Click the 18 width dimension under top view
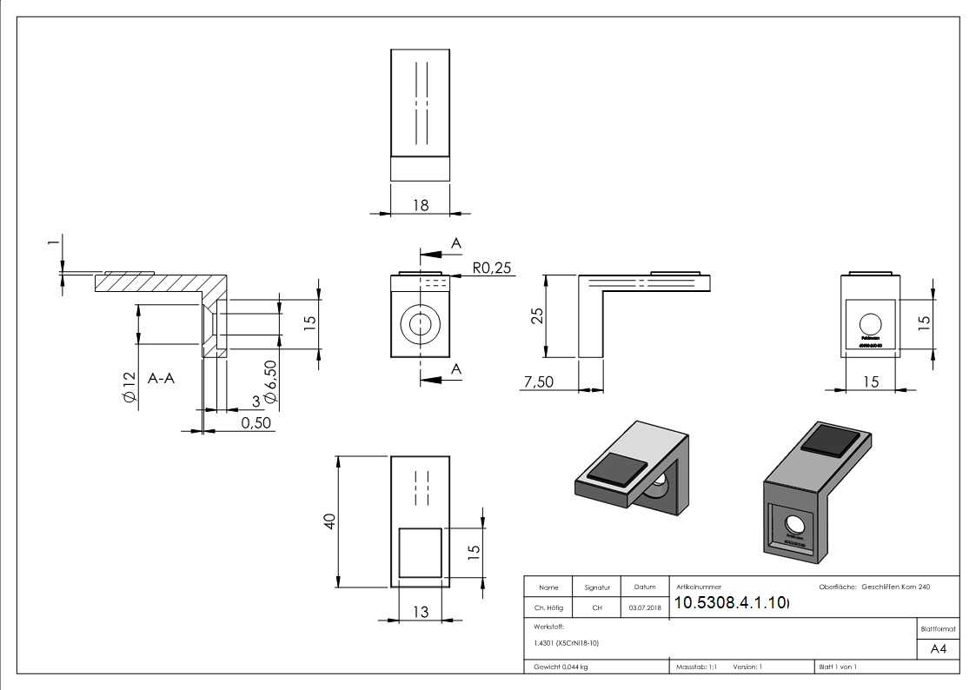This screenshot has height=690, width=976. pyautogui.click(x=421, y=205)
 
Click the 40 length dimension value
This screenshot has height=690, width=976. pyautogui.click(x=329, y=521)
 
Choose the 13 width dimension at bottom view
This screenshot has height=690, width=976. pyautogui.click(x=420, y=613)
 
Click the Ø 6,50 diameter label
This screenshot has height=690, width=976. pyautogui.click(x=269, y=381)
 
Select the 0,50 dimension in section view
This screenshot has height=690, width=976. pyautogui.click(x=256, y=422)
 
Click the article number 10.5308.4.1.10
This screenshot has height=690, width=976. pyautogui.click(x=730, y=603)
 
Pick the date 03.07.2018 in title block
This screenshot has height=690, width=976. pyautogui.click(x=644, y=607)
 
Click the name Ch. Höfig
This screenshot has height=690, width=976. pyautogui.click(x=548, y=607)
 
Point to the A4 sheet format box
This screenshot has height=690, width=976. pyautogui.click(x=938, y=649)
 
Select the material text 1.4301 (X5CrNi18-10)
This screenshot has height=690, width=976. pyautogui.click(x=567, y=643)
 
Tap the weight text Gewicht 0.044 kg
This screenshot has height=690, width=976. pyautogui.click(x=561, y=667)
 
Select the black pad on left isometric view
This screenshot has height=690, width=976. pyautogui.click(x=617, y=469)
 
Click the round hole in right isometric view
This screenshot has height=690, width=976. pyautogui.click(x=795, y=524)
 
